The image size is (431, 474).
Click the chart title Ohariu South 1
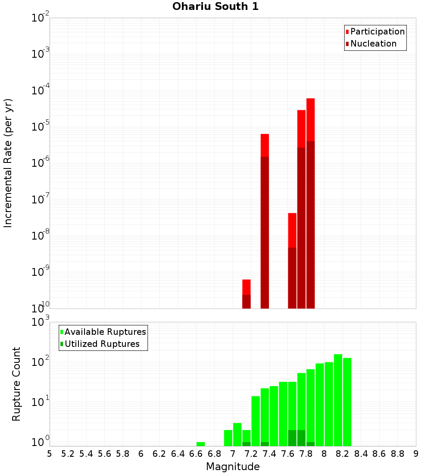coord(215,7)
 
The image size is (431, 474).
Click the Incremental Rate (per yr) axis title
coord(8,163)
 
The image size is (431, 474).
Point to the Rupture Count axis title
coord(16,384)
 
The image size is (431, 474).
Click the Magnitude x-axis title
coord(233,467)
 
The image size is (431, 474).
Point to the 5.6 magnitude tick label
coord(105,454)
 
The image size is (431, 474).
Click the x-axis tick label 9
coord(416,454)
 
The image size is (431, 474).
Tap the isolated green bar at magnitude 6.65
coord(200,444)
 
